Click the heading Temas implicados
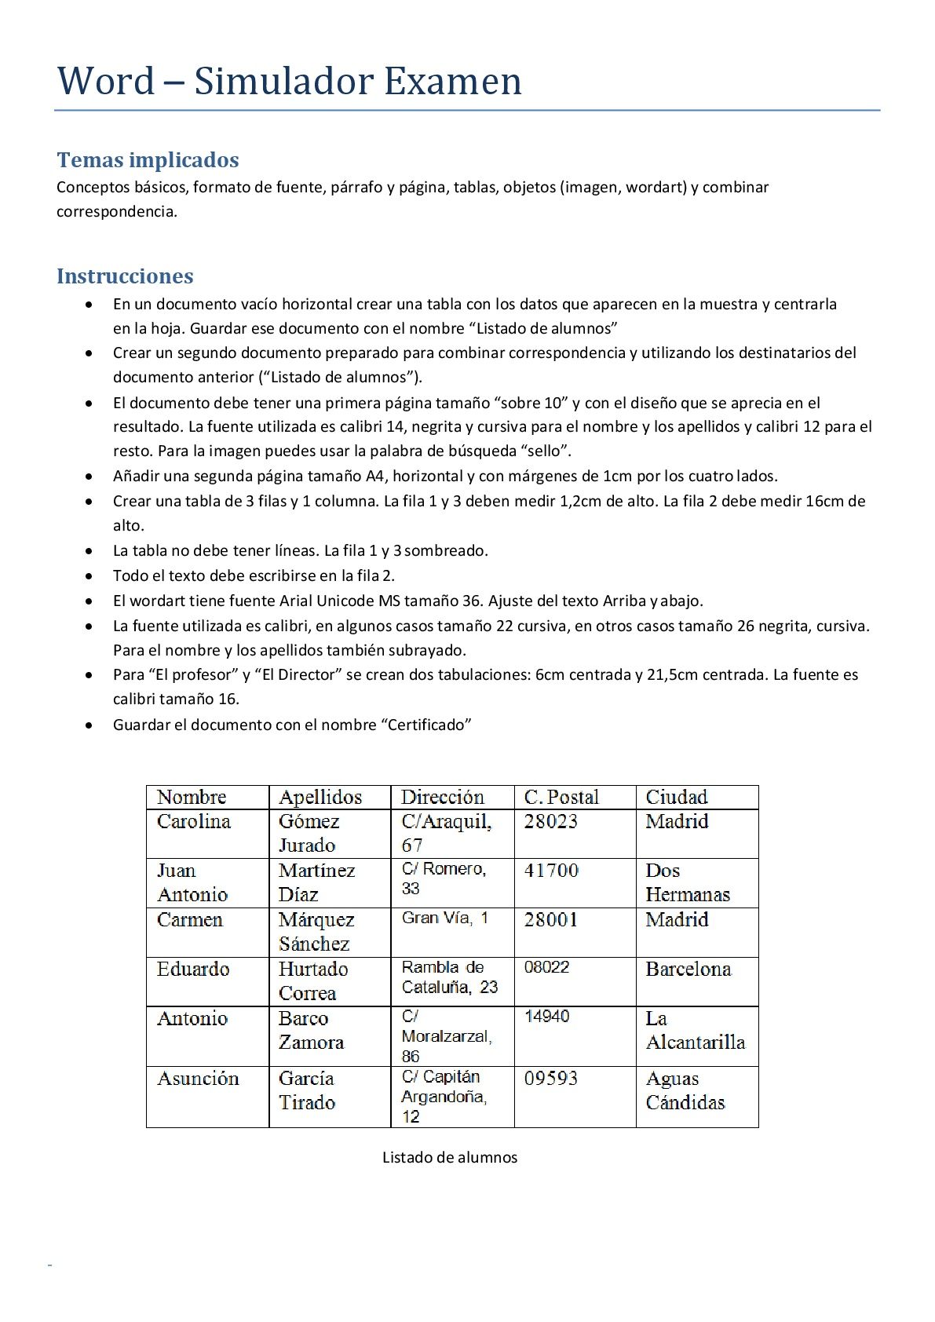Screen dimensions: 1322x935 click(148, 160)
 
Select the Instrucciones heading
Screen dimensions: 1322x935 click(125, 276)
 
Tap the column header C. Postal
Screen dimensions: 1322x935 click(561, 798)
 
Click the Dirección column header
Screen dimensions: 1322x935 click(443, 798)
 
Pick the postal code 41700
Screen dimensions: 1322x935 click(551, 871)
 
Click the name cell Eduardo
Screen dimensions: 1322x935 click(193, 970)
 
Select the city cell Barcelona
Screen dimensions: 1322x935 click(688, 970)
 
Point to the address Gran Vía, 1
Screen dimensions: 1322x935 click(445, 918)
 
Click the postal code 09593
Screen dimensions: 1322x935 click(551, 1079)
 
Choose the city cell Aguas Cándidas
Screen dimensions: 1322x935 click(685, 1090)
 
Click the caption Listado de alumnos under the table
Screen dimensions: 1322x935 click(450, 1157)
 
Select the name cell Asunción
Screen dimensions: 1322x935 click(198, 1079)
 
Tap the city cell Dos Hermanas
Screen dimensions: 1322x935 click(688, 882)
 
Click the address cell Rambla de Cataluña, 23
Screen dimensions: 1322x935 click(450, 977)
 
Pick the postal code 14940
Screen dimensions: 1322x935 click(546, 1017)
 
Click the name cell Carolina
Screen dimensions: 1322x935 click(194, 822)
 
